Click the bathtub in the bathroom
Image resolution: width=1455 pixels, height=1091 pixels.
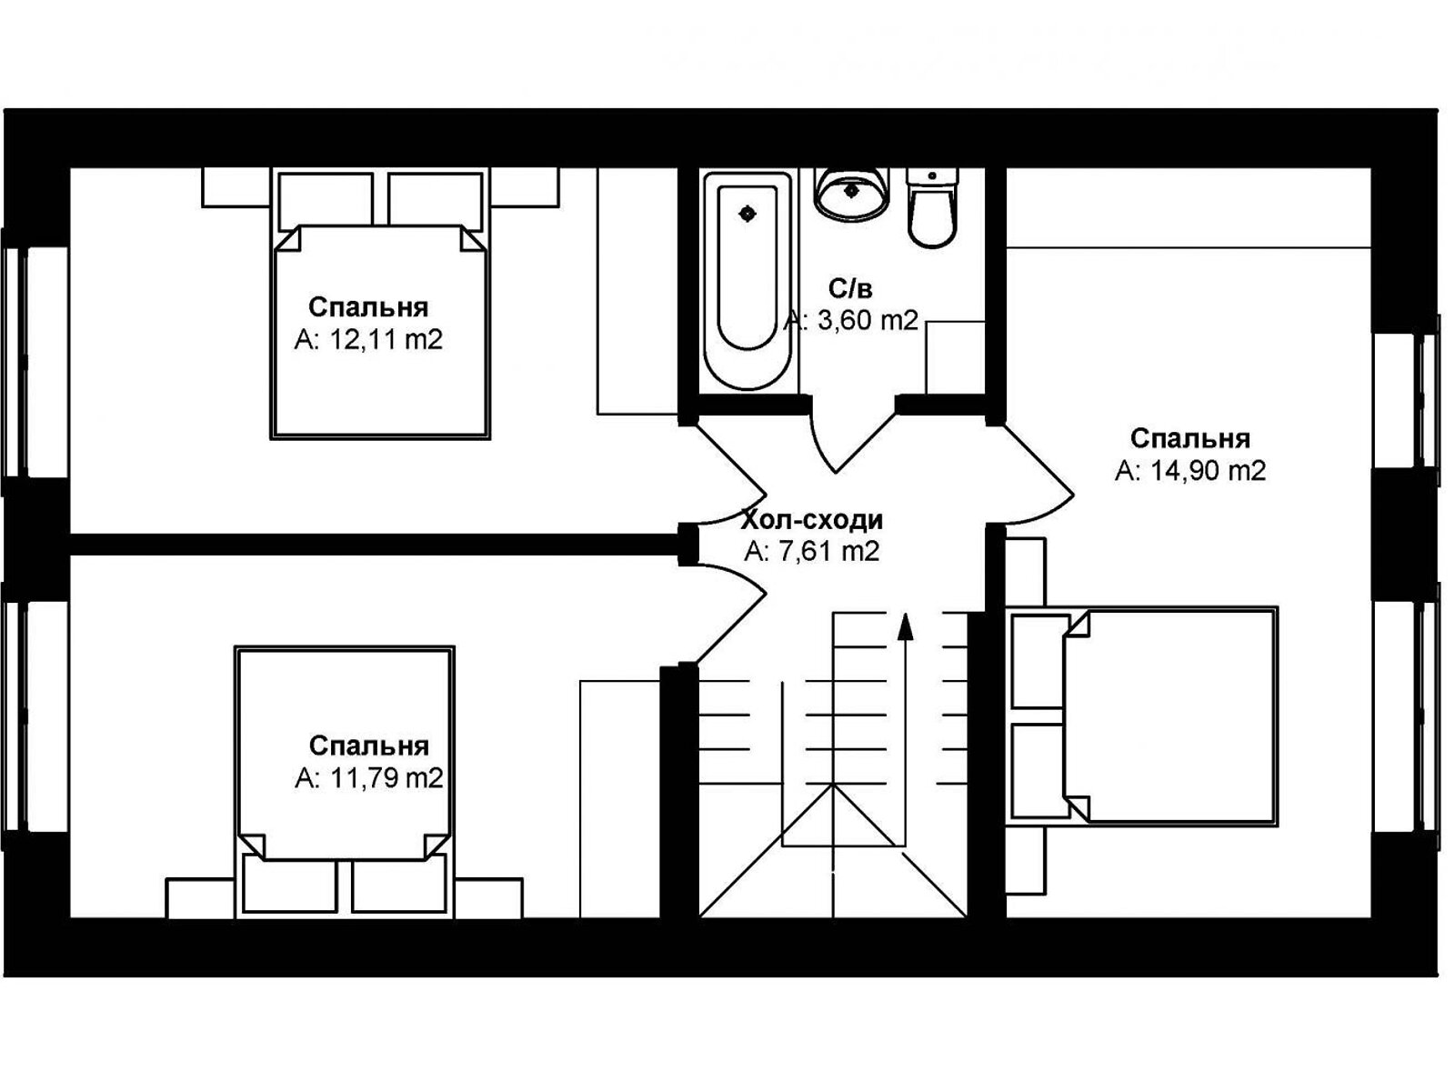click(748, 281)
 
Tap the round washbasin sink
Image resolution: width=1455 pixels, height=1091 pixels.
click(851, 194)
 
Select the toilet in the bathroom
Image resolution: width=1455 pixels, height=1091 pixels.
click(932, 207)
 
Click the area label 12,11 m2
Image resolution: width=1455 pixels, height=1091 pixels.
click(368, 340)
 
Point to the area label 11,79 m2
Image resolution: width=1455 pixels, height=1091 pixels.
click(368, 778)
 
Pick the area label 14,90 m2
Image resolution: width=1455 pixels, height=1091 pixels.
click(1190, 471)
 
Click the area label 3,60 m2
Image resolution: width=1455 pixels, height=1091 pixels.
click(851, 321)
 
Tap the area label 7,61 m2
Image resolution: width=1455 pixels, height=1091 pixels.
click(812, 551)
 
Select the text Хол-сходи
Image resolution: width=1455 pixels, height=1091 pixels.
click(812, 520)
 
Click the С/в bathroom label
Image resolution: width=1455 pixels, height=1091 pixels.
click(850, 289)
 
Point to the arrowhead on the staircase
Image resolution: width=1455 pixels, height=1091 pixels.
click(905, 626)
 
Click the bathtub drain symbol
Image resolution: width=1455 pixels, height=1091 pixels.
click(748, 214)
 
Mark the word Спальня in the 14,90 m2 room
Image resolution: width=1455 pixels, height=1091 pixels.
click(1190, 438)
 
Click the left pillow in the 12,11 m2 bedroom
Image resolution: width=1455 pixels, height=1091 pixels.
click(326, 201)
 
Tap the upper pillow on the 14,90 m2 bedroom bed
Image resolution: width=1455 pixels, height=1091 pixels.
click(1040, 661)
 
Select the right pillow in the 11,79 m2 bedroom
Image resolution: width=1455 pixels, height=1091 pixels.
click(398, 884)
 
